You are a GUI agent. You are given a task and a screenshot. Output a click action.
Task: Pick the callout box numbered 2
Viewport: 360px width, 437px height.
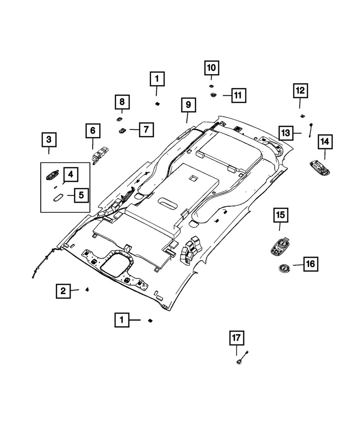(x=63, y=290)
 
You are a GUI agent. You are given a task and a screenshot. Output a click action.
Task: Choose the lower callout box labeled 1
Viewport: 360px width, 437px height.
(x=122, y=320)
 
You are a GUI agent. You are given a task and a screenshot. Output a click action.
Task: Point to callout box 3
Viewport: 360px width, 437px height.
(x=49, y=140)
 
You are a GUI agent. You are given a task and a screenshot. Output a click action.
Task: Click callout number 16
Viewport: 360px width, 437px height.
(x=309, y=264)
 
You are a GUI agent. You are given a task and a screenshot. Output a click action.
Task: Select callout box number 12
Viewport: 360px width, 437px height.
(x=300, y=91)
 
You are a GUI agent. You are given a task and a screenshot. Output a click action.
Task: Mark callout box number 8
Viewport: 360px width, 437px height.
(x=122, y=102)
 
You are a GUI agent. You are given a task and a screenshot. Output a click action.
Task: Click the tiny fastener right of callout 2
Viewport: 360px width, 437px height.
(x=87, y=289)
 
